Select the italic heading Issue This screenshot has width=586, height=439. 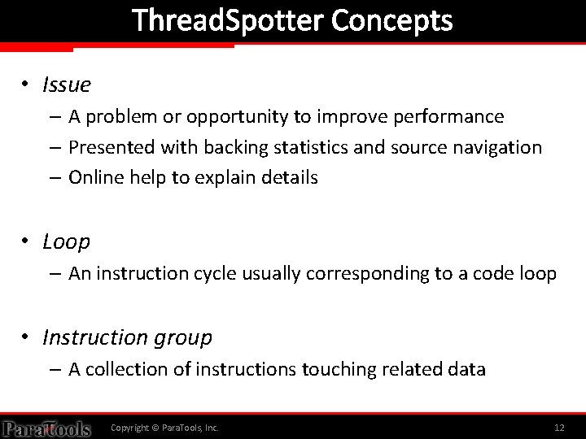coord(66,84)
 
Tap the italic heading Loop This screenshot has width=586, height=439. coord(66,241)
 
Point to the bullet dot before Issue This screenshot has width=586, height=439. coord(27,84)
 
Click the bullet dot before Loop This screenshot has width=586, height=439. coord(27,241)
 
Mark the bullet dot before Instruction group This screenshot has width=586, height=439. coord(27,337)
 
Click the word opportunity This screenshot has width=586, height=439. coord(237,117)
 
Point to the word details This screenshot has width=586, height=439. coord(289,177)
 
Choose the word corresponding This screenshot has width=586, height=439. coord(368,274)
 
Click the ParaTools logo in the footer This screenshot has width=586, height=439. coord(46,428)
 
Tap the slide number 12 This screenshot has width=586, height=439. coord(559,428)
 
